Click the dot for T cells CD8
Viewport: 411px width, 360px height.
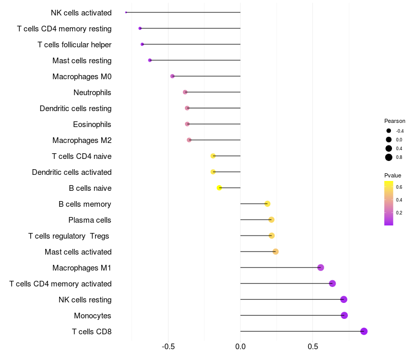(364, 331)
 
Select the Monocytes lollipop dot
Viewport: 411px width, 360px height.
(344, 315)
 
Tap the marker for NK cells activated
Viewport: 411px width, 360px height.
(126, 12)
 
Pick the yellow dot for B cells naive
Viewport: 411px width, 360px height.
(219, 188)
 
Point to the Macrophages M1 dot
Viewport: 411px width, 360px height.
(321, 267)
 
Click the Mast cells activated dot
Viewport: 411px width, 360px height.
(275, 251)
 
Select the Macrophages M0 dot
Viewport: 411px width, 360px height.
(173, 76)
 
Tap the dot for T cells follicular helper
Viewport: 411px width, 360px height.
(142, 44)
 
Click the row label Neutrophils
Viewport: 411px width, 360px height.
(92, 93)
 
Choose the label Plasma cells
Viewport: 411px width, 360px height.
(90, 220)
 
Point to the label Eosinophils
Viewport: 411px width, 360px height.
(92, 124)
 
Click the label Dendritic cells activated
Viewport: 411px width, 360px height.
(71, 172)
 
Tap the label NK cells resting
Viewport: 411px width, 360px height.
(85, 300)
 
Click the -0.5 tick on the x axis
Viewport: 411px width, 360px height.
(168, 347)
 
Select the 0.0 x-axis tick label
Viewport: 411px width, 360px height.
(240, 347)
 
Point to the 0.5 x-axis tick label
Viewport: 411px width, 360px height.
(313, 347)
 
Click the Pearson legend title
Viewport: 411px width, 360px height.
(395, 121)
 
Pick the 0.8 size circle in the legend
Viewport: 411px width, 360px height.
(389, 157)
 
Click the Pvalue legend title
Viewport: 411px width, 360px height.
(393, 175)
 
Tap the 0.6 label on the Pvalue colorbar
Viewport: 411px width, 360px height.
(399, 187)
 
